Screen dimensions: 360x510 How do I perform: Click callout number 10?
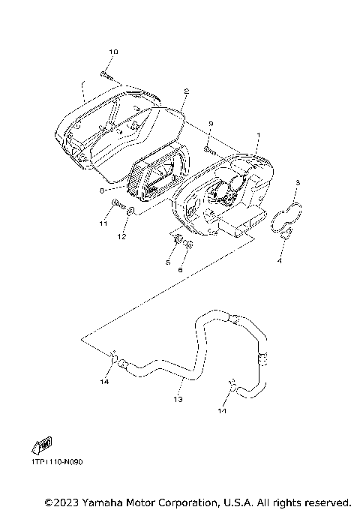pyautogui.click(x=113, y=52)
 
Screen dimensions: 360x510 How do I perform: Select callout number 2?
pyautogui.click(x=186, y=91)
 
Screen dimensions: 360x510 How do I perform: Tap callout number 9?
pyautogui.click(x=211, y=124)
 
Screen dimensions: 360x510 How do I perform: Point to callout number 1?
pyautogui.click(x=259, y=135)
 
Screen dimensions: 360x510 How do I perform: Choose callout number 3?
pyautogui.click(x=297, y=182)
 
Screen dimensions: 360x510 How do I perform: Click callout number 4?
pyautogui.click(x=279, y=261)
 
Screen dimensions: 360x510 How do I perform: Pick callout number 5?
pyautogui.click(x=168, y=262)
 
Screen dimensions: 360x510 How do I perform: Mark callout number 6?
pyautogui.click(x=181, y=270)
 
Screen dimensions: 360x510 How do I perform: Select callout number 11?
pyautogui.click(x=103, y=223)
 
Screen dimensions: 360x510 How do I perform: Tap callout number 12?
pyautogui.click(x=121, y=237)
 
